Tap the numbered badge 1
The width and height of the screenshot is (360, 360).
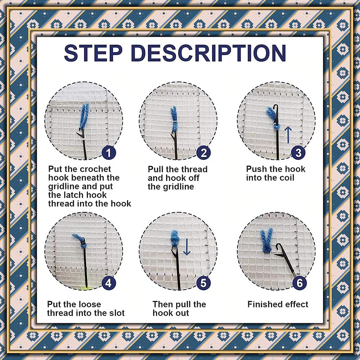[x=109, y=153]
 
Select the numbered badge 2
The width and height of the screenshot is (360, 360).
[x=203, y=153]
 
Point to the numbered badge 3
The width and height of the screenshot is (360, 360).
[x=298, y=153]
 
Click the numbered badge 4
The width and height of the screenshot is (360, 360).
[x=109, y=283]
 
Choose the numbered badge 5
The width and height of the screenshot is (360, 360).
[x=203, y=283]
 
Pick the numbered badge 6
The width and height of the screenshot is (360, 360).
[x=300, y=283]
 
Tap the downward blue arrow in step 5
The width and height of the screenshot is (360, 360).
[x=186, y=248]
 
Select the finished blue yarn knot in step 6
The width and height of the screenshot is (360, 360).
[x=267, y=240]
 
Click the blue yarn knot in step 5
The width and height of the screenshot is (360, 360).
[x=175, y=238]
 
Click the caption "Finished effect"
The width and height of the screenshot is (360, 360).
[x=278, y=305]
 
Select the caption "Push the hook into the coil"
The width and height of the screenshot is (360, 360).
[x=275, y=174]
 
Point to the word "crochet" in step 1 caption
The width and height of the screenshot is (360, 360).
[x=95, y=169]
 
